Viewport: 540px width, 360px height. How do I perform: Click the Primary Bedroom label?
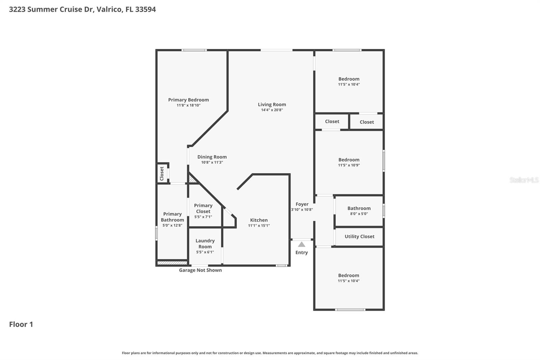tap(188, 100)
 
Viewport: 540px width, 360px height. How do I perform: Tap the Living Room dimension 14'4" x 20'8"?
tap(272, 110)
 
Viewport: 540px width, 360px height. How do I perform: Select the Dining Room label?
tap(212, 157)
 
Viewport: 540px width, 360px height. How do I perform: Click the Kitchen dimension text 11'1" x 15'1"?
tap(259, 226)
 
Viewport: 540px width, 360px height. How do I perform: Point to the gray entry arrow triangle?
tap(301, 244)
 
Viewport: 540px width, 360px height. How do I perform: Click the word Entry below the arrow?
tap(301, 253)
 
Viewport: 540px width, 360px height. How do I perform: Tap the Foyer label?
tap(302, 204)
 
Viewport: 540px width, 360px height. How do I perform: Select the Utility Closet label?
tap(359, 236)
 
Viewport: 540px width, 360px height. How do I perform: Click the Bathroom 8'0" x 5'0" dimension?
tap(359, 214)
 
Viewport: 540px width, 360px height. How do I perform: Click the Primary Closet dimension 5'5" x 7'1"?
tap(203, 217)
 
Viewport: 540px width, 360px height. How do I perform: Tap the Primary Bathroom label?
tap(172, 217)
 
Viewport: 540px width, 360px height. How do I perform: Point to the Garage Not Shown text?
tap(200, 270)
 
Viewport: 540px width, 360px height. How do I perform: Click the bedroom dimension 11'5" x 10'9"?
tap(349, 165)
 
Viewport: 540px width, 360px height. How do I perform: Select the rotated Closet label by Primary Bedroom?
tap(162, 173)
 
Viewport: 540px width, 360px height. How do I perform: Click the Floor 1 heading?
tap(21, 324)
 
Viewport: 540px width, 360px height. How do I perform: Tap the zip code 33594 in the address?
tap(145, 9)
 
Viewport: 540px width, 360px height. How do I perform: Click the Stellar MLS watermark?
tap(524, 180)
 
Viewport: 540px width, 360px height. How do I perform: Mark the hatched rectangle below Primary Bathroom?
tap(172, 263)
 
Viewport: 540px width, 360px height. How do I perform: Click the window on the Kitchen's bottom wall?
tap(281, 265)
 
